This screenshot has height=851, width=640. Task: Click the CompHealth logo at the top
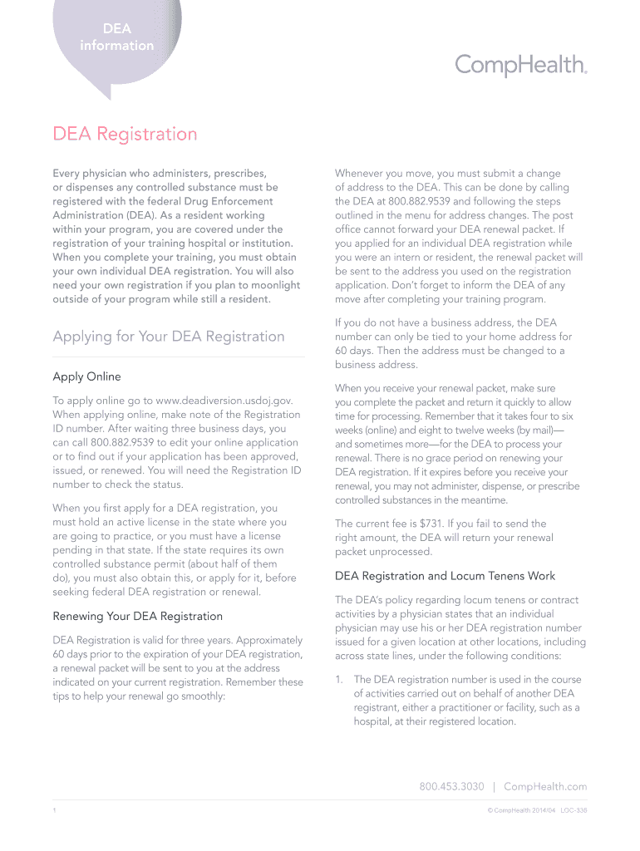521,65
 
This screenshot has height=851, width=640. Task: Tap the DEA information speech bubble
116,38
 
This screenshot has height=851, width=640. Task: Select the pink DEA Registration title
125,134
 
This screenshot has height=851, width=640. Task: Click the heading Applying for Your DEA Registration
169,337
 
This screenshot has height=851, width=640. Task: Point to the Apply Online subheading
86,376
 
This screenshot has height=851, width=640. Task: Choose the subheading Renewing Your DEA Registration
138,616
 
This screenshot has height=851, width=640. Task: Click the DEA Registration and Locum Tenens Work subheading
445,575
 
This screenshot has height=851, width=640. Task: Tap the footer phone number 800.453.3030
451,786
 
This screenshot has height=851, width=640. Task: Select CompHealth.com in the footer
545,786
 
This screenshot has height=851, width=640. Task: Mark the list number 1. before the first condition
339,680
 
